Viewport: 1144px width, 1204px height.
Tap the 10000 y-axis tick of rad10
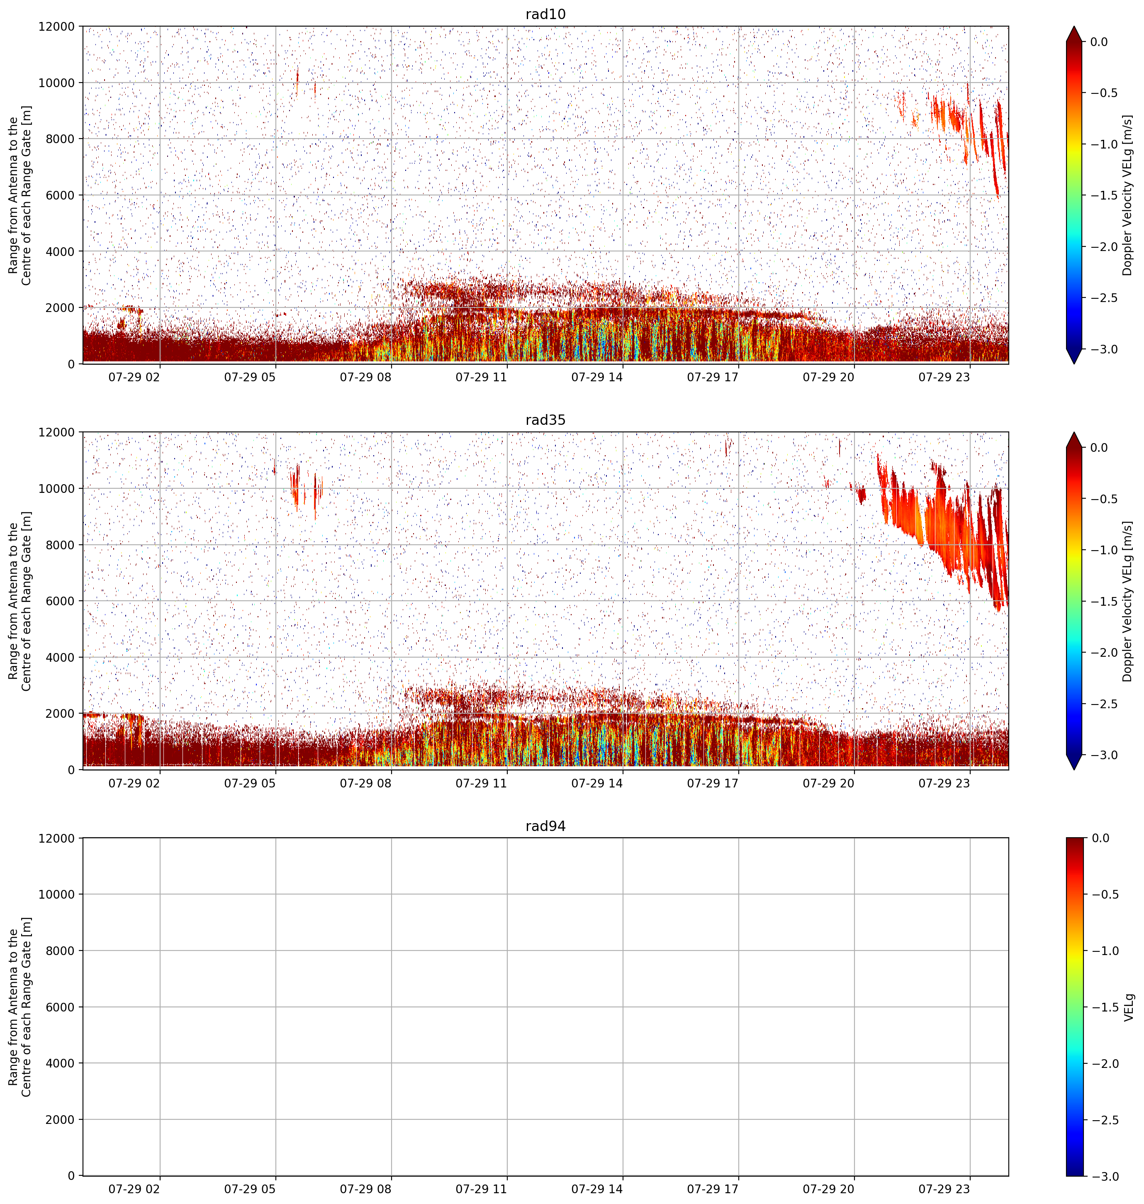(57, 83)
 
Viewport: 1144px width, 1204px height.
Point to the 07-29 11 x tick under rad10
(481, 377)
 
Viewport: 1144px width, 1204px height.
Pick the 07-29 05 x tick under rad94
(250, 1189)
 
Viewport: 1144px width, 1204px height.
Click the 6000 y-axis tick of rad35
(61, 601)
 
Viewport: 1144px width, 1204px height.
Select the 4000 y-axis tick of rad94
(61, 1063)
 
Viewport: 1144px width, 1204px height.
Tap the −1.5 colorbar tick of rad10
(1104, 195)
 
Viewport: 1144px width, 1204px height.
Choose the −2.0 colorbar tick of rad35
(1104, 653)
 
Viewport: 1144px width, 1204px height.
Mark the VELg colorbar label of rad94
(1128, 1007)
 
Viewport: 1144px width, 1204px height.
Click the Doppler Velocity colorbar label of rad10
(1127, 195)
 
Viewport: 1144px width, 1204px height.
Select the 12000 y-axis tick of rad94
(57, 838)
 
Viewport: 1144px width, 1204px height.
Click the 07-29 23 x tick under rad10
(944, 377)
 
